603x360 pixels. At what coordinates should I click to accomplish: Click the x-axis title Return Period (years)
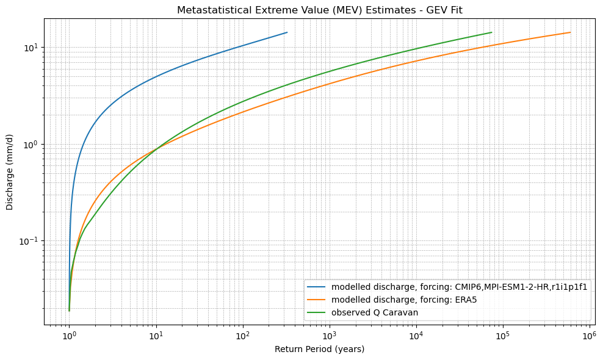point(319,349)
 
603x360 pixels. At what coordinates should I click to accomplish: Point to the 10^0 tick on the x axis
point(70,336)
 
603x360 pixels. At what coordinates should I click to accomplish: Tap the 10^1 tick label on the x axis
point(156,336)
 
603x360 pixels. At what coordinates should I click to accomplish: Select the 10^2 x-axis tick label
point(243,336)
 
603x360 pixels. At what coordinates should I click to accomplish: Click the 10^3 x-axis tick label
point(330,336)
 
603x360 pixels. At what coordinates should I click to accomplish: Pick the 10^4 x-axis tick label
point(416,336)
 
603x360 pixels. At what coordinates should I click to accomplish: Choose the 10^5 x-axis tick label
point(503,336)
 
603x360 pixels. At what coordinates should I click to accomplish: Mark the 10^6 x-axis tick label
point(590,336)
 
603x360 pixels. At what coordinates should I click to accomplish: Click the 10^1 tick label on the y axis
point(31,48)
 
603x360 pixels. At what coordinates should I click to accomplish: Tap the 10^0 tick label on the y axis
point(31,145)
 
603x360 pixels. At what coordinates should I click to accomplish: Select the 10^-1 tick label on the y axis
point(29,241)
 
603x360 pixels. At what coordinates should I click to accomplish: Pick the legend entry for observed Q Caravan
point(378,312)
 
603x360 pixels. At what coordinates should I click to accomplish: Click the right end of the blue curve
point(287,32)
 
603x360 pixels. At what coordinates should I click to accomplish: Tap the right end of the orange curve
point(571,32)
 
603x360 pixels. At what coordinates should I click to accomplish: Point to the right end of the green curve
point(491,32)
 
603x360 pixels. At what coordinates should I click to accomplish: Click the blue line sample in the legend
point(317,287)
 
